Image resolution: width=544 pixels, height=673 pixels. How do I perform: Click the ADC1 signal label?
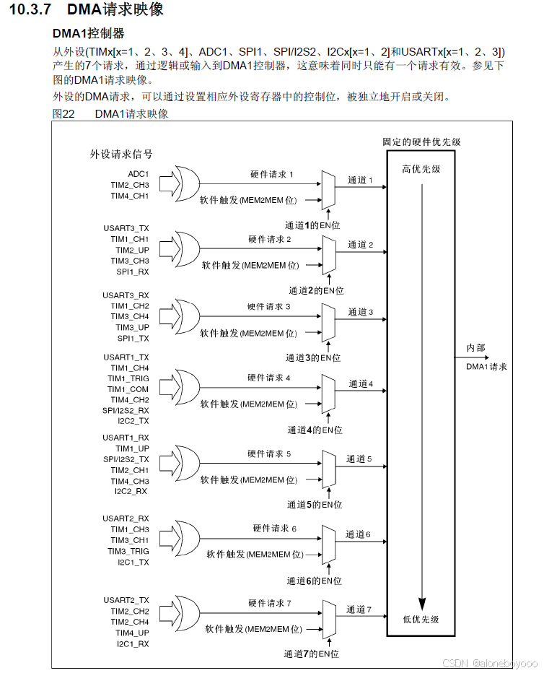[139, 174]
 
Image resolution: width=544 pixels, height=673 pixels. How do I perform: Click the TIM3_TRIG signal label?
[130, 551]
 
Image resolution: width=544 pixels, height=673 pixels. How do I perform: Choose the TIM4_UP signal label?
[134, 633]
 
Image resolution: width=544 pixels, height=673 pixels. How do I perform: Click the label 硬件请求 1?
[272, 174]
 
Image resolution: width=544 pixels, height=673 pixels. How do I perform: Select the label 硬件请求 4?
[269, 378]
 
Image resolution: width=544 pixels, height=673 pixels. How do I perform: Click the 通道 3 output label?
[361, 312]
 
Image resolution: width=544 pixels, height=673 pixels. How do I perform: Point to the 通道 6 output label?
[358, 534]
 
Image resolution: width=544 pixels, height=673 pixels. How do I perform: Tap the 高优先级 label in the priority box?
[421, 169]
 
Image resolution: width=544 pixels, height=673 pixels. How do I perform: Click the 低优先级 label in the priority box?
[421, 619]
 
